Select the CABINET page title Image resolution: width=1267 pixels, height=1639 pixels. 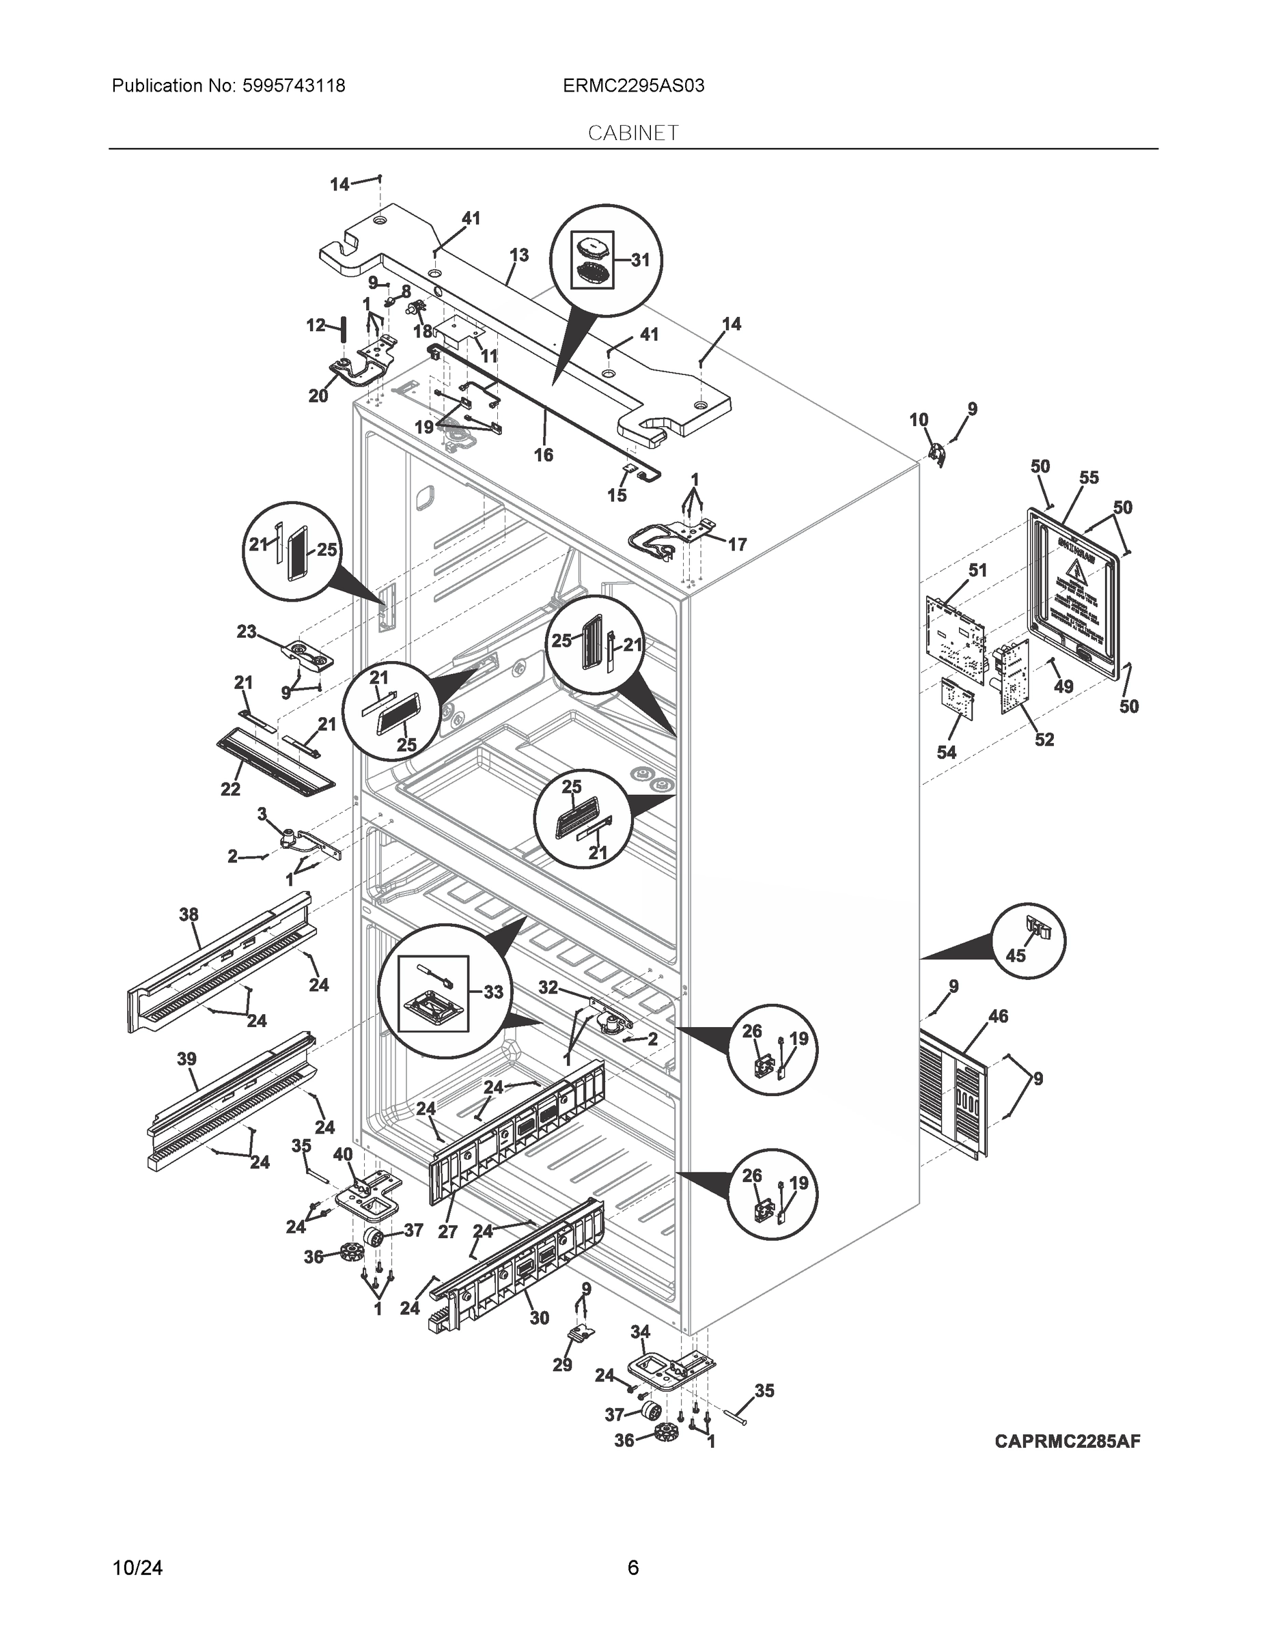coord(632,133)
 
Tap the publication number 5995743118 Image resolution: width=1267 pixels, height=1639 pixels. coord(294,85)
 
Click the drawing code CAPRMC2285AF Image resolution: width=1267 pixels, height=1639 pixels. coord(1068,1441)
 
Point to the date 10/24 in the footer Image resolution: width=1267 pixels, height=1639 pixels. coord(137,1568)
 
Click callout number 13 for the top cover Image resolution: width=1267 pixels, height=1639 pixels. coord(518,255)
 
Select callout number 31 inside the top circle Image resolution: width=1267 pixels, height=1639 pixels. coord(639,260)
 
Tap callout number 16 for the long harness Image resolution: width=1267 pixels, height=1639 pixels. coord(543,455)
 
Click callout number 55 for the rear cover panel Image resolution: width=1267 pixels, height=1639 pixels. coord(1088,477)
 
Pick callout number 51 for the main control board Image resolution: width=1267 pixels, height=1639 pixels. coord(977,570)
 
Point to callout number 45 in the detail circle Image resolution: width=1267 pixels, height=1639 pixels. coord(1016,956)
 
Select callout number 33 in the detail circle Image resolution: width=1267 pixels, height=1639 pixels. coord(492,992)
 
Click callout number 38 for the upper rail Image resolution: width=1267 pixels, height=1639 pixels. coord(189,914)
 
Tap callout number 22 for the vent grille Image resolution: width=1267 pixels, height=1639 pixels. coord(229,789)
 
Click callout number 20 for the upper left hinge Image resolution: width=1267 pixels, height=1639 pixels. coord(318,395)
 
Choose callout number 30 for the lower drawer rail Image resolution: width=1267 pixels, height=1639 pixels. coord(539,1318)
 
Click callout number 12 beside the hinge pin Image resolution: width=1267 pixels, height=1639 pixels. coord(316,325)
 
